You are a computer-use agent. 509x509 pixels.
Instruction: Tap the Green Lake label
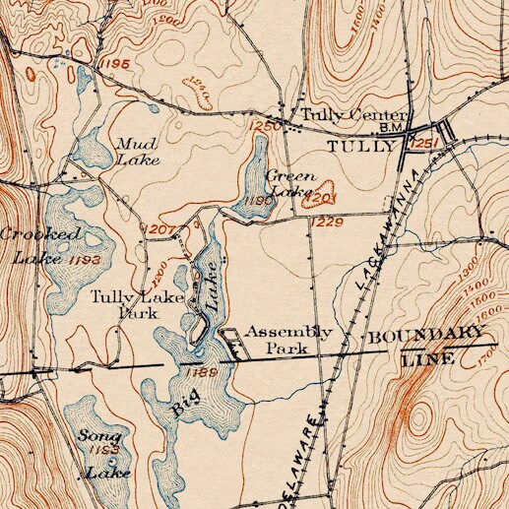click(x=290, y=183)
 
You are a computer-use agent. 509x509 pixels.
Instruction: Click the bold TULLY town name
click(x=359, y=146)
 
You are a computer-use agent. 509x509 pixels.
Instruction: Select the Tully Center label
click(x=340, y=114)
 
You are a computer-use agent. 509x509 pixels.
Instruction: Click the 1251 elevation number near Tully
click(x=425, y=146)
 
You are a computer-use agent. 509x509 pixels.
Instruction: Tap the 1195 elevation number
click(x=114, y=63)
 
